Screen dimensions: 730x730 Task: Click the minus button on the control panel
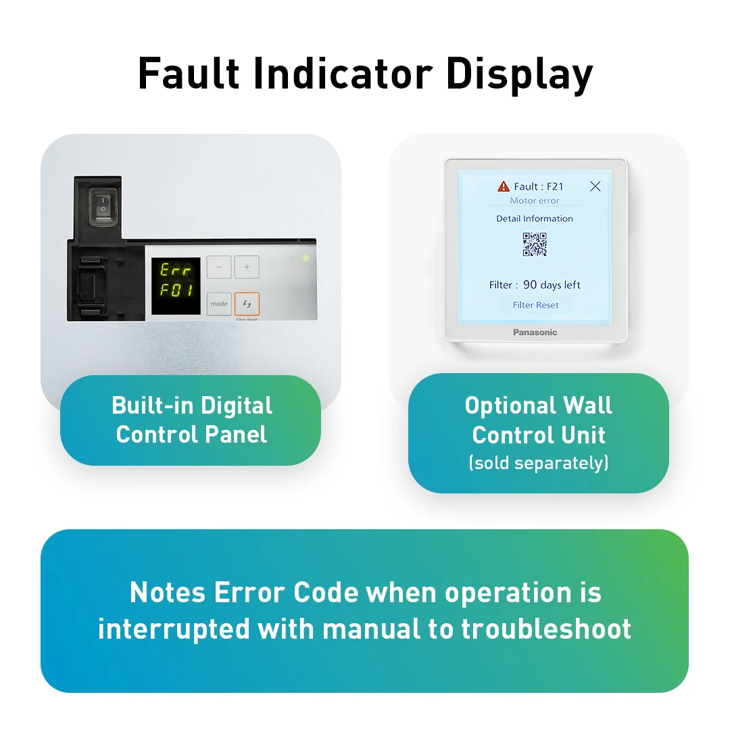(218, 267)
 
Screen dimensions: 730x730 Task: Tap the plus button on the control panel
(247, 267)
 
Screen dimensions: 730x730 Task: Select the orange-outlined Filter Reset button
(247, 304)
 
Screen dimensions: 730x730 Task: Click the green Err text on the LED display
(176, 270)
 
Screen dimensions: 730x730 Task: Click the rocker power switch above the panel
(102, 205)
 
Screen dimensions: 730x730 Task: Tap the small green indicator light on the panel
(306, 258)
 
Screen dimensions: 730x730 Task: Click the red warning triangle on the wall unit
(504, 186)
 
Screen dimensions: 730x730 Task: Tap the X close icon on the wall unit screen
(595, 186)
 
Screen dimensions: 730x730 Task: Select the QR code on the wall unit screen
(535, 245)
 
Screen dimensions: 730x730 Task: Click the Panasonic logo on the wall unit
(535, 332)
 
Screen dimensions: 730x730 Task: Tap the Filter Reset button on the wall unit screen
(535, 305)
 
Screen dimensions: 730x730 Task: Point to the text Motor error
(535, 201)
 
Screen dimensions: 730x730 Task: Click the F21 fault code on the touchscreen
(555, 187)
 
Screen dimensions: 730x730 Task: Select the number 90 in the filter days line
(531, 285)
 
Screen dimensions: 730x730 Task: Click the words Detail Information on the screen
(535, 218)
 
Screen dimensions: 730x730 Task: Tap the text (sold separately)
(539, 463)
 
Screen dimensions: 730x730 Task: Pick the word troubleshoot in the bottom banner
(546, 629)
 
